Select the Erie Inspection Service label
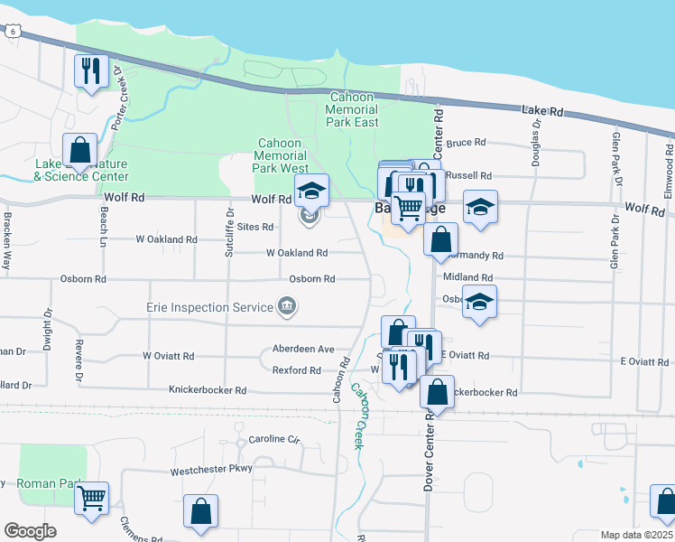tap(210, 307)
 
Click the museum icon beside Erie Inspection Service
tap(288, 307)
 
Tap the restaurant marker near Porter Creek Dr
tap(90, 71)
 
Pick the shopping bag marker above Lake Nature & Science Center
tap(79, 150)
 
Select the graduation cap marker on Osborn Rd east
tap(479, 303)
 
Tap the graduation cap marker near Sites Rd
tap(312, 191)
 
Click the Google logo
tap(30, 531)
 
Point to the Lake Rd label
tap(542, 110)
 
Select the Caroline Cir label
tap(273, 440)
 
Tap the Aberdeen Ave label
tap(303, 349)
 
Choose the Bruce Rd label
tap(467, 143)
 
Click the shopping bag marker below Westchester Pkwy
tap(200, 511)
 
